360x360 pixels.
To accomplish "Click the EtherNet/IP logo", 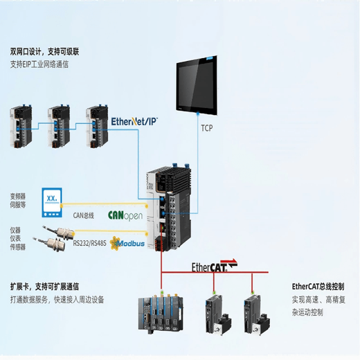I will [x=134, y=120].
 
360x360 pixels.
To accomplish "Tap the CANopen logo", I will [x=125, y=215].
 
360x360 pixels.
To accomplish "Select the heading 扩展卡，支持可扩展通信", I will [x=44, y=286].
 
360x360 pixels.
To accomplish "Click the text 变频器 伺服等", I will [x=18, y=200].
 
